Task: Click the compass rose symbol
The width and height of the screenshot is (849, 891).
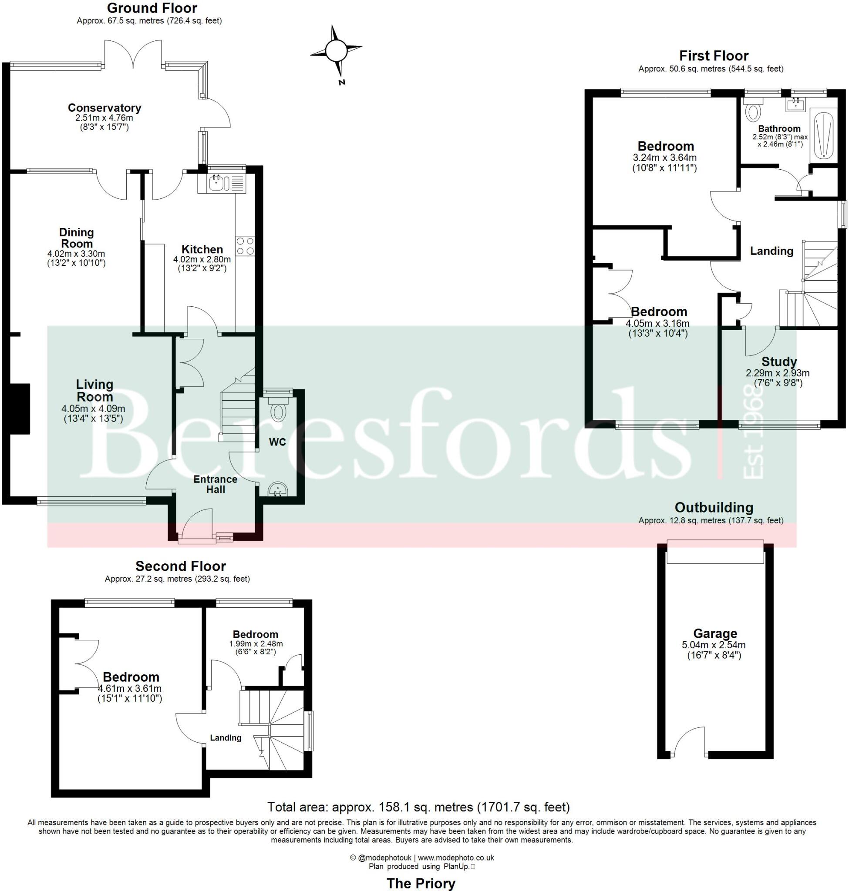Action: pyautogui.click(x=336, y=50)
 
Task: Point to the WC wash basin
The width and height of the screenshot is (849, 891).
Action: pyautogui.click(x=277, y=489)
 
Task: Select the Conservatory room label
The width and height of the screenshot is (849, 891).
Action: pyautogui.click(x=104, y=107)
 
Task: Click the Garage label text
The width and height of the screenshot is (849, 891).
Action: pyautogui.click(x=715, y=633)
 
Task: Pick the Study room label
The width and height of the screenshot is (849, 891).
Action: pyautogui.click(x=779, y=362)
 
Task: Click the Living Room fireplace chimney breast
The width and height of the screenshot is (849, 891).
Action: pyautogui.click(x=20, y=409)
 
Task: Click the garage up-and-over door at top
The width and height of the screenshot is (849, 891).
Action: pyautogui.click(x=715, y=552)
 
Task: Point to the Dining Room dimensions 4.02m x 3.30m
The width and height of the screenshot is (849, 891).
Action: pyautogui.click(x=76, y=254)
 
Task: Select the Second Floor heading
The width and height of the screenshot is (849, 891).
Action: pyautogui.click(x=181, y=566)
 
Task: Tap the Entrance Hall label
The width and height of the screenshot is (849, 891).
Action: pyautogui.click(x=216, y=484)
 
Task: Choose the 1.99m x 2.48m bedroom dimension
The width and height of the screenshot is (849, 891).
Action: pyautogui.click(x=256, y=643)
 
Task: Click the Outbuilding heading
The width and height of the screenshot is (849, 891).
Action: pyautogui.click(x=714, y=507)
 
